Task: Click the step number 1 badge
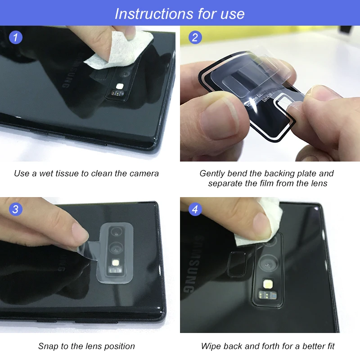[16, 37]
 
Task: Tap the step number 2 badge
[194, 37]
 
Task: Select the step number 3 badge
[16, 209]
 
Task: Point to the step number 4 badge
[194, 209]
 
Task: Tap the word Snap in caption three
[48, 346]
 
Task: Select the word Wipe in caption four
[211, 346]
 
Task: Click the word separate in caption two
[225, 183]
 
